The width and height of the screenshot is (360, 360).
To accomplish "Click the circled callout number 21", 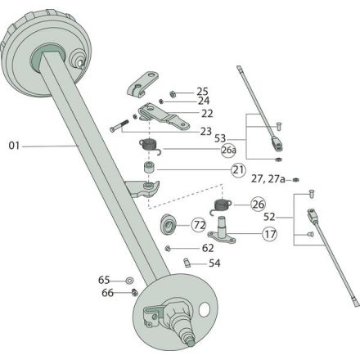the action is [x=238, y=170].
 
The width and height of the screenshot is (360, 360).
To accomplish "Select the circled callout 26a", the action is [x=228, y=151].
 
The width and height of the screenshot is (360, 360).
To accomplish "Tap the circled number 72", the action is [x=199, y=225].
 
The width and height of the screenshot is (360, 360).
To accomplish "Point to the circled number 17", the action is [x=270, y=234].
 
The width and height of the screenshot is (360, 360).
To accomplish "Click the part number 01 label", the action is [x=14, y=146].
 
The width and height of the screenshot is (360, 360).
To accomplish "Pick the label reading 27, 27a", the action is [x=268, y=179].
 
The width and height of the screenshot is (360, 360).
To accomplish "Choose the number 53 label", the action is [x=220, y=138].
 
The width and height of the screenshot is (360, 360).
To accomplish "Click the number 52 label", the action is [x=269, y=217].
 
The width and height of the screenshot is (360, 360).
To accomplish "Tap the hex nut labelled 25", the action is [x=173, y=94].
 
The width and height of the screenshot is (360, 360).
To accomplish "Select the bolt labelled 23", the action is [x=119, y=126].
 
